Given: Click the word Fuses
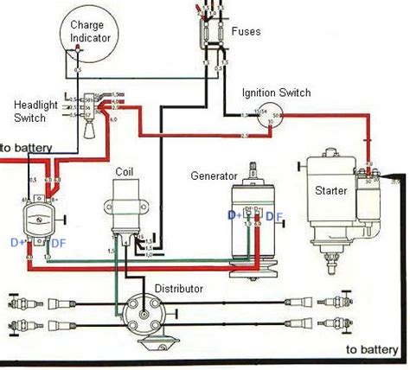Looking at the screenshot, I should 247,31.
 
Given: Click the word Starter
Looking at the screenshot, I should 332,190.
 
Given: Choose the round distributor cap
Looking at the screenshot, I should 138,314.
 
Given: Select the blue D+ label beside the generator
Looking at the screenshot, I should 234,214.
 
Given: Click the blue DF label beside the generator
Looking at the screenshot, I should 272,214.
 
